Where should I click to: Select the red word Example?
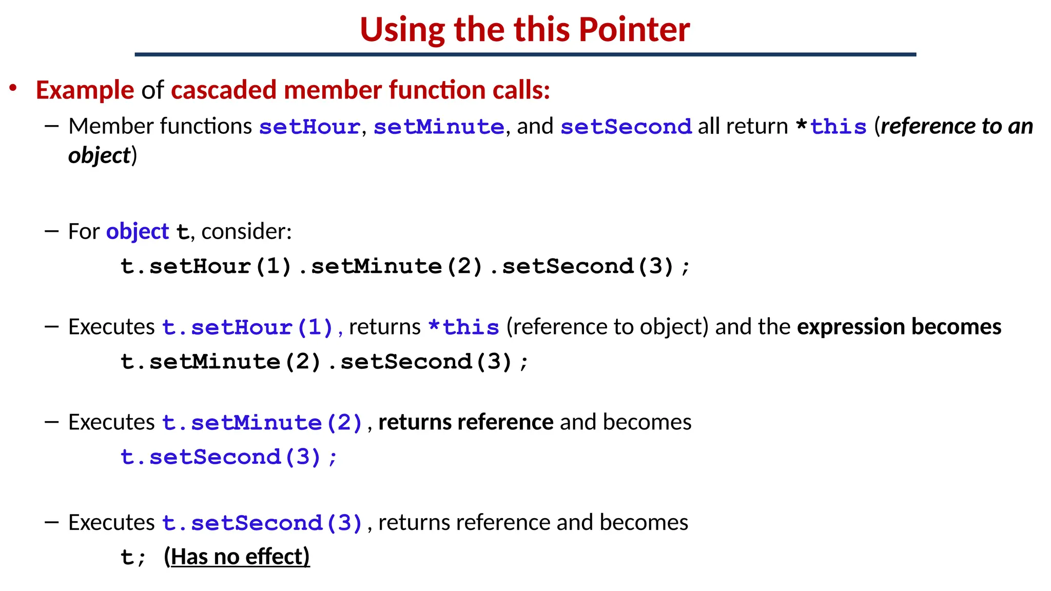tap(85, 90)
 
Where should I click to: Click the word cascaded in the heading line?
tap(224, 90)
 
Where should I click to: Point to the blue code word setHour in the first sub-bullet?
tap(309, 127)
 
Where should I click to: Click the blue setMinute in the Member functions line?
tap(439, 127)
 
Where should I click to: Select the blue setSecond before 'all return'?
tap(626, 127)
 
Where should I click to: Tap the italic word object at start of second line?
tap(99, 156)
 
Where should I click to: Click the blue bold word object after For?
tap(137, 232)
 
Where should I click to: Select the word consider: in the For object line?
tap(246, 232)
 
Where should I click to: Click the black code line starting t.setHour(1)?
tap(405, 266)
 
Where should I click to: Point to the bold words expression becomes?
tap(899, 327)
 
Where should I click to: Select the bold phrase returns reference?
tap(465, 423)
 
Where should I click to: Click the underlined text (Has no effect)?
tap(237, 557)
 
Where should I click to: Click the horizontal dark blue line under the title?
tap(525, 54)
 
